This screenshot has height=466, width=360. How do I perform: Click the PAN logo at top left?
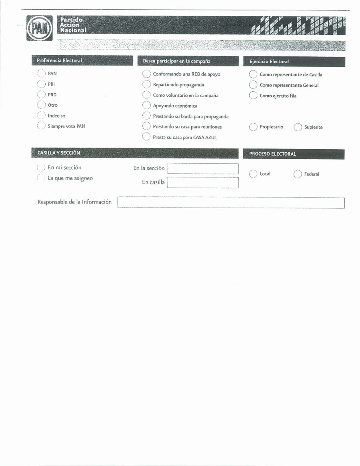coord(39,28)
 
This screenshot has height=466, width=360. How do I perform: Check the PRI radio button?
coord(41,84)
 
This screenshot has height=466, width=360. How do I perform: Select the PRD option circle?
coord(41,94)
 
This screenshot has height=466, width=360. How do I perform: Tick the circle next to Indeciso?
coord(41,116)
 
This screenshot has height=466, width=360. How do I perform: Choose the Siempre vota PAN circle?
coord(41,126)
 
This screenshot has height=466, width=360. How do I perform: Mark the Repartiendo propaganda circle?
coord(146,84)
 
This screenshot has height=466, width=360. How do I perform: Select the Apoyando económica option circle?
coord(146,106)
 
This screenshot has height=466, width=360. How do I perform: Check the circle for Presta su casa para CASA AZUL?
coord(146,137)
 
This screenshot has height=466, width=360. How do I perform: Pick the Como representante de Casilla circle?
coord(253,74)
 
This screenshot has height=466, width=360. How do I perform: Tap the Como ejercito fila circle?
coord(253,96)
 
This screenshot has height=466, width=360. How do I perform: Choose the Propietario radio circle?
coord(253,127)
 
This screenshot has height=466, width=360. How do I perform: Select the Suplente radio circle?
coord(298,127)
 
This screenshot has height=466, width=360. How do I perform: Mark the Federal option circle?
coord(298,174)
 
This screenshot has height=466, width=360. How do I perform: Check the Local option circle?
coord(253,174)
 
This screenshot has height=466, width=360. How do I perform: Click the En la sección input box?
coord(203,168)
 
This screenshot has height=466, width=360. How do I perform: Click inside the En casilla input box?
coord(203,182)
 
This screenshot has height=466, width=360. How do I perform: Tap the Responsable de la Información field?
coord(231,203)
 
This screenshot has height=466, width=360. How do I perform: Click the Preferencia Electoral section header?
coord(82,60)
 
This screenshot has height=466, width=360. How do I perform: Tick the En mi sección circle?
coord(41,168)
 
